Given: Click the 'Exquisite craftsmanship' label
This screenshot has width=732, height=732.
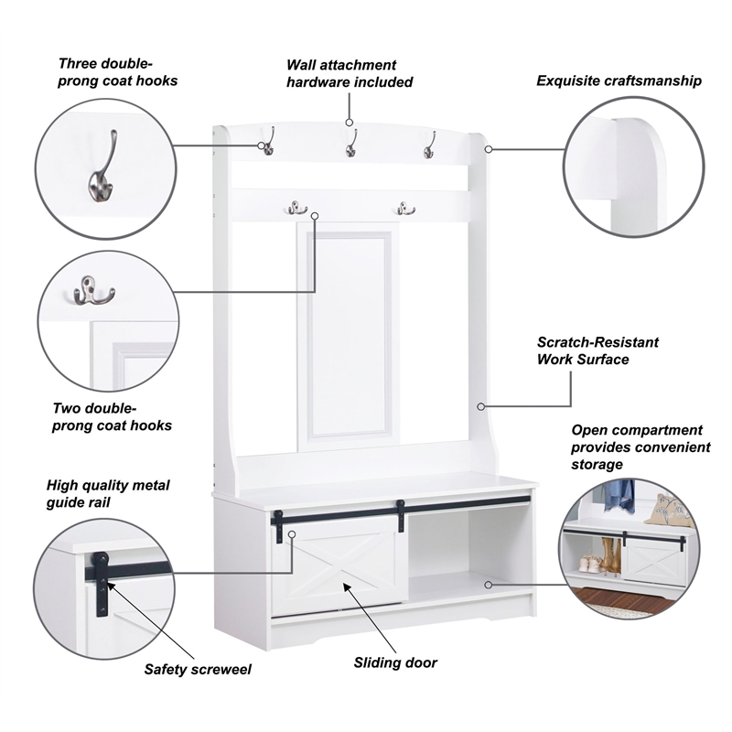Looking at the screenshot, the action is (619, 81).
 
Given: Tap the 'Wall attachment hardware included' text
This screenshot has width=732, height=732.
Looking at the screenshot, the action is (350, 73).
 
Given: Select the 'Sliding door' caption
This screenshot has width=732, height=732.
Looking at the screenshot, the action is (395, 662).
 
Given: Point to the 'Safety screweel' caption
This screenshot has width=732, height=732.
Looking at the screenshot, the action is (198, 669).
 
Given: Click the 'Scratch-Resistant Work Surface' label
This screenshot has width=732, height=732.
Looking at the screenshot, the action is (597, 350).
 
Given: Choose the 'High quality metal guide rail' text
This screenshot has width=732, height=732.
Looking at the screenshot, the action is (108, 493).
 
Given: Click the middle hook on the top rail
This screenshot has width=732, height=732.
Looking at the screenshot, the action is (351, 143).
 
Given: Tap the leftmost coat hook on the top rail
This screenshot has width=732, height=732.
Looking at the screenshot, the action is (268, 141).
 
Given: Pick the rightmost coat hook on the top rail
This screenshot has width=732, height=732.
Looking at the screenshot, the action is (429, 145).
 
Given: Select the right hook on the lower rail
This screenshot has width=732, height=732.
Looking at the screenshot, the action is (405, 209).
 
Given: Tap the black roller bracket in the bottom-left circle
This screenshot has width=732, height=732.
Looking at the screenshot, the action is (102, 584).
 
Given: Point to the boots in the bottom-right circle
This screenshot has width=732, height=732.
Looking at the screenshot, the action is (610, 554).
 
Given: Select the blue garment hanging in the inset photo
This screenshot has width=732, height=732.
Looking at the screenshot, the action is (619, 496).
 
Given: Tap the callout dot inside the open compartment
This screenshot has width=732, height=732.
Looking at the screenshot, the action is (489, 585).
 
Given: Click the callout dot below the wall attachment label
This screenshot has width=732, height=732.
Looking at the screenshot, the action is (350, 123).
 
